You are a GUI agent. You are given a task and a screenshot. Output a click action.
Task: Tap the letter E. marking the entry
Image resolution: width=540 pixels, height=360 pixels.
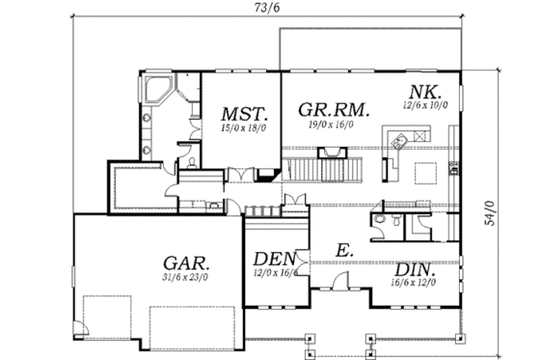(344, 249)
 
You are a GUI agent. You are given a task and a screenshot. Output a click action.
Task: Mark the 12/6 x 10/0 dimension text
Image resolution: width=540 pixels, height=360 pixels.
(424, 105)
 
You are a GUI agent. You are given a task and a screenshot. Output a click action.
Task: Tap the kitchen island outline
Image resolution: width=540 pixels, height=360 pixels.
(425, 174)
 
